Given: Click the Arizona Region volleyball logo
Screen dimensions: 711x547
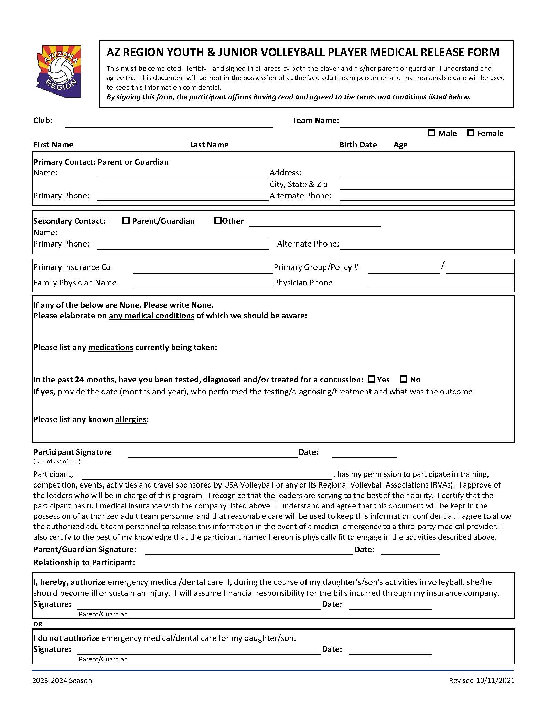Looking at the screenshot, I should (x=59, y=72).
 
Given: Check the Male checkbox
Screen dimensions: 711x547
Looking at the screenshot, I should (x=432, y=133).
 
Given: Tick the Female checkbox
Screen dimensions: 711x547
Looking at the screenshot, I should (x=471, y=133).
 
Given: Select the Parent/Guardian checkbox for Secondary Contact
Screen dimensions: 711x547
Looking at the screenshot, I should (x=126, y=221).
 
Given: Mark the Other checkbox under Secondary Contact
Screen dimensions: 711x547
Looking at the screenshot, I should (x=218, y=221).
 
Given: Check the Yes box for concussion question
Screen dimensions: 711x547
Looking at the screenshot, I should (x=371, y=379).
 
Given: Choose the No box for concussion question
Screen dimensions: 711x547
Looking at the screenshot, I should (x=404, y=379).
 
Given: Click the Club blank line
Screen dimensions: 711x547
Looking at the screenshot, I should (x=169, y=124).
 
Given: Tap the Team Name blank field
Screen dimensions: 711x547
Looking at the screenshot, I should (x=427, y=124).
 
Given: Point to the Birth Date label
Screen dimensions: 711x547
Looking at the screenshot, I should (x=358, y=145).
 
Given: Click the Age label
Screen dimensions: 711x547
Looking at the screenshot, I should (x=400, y=145).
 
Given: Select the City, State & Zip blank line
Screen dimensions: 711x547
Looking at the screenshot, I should (x=427, y=186).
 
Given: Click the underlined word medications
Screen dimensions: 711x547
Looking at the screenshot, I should (x=110, y=347).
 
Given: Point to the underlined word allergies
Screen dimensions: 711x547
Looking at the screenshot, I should (x=131, y=419).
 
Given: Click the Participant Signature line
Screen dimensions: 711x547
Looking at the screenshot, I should (x=212, y=454).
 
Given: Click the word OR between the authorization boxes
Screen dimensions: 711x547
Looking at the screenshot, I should (x=38, y=624).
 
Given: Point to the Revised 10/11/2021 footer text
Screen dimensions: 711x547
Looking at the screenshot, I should (x=481, y=681).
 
